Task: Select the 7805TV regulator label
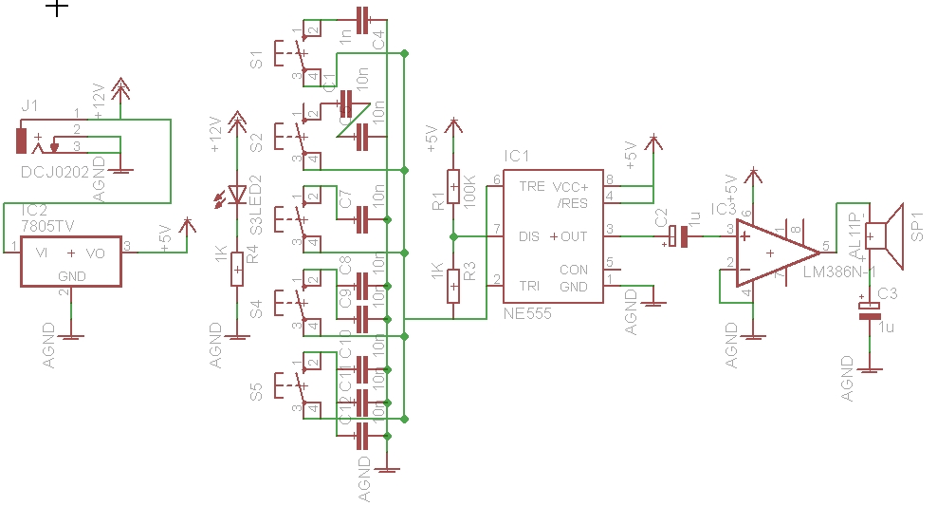[x=46, y=225]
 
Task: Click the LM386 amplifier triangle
[x=772, y=253]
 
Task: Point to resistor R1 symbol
[x=453, y=182]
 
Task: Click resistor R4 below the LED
[x=237, y=270]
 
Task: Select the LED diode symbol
[x=237, y=197]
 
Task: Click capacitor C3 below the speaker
[x=865, y=309]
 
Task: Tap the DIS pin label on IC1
[x=530, y=236]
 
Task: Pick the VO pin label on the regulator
[x=96, y=253]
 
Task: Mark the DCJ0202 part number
[x=52, y=172]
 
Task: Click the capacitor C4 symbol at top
[x=360, y=18]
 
